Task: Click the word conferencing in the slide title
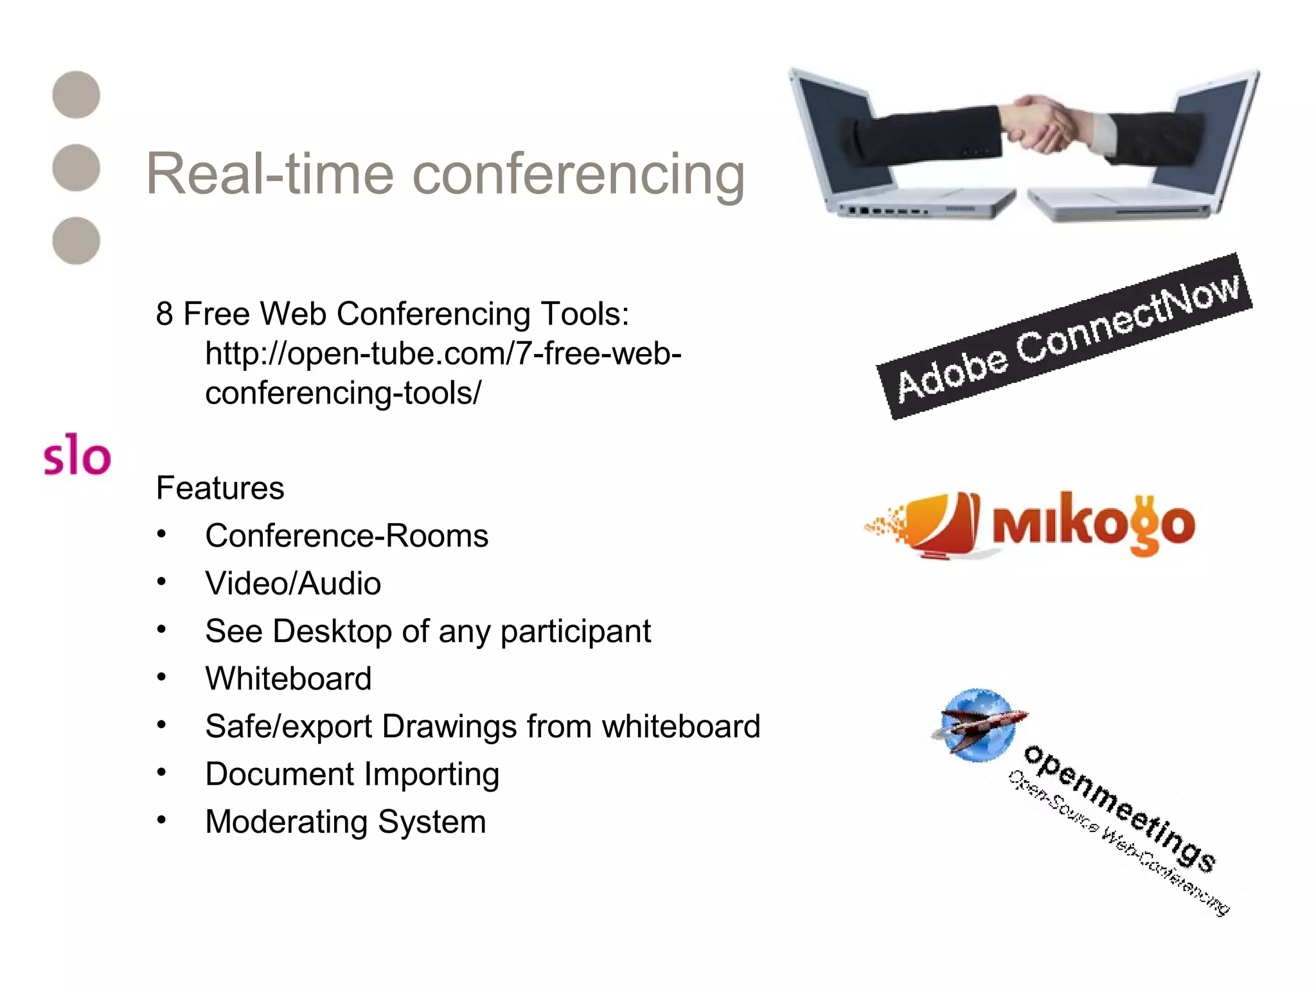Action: [578, 175]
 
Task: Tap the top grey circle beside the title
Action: [76, 94]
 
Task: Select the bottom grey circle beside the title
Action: [76, 240]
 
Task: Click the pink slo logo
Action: [77, 455]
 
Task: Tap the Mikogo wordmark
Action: [1092, 524]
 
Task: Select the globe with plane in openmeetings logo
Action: [977, 725]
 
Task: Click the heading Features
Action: [220, 488]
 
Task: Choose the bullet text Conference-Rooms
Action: [346, 536]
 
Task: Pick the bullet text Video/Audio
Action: [293, 583]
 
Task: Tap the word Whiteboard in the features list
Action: [289, 679]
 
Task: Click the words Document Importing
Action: [352, 774]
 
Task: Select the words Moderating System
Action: [346, 821]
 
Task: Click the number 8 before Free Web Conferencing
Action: [164, 314]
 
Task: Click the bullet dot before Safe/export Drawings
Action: [162, 725]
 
